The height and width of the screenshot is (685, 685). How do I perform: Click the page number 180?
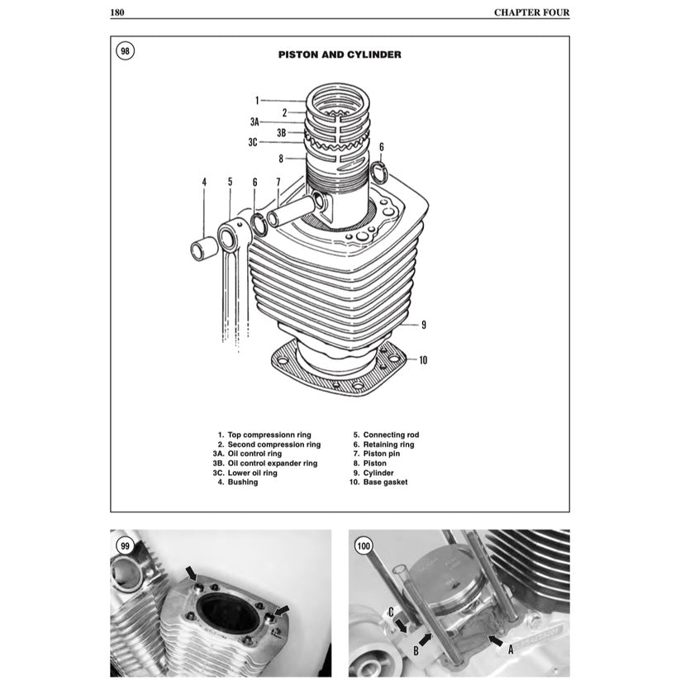(x=117, y=12)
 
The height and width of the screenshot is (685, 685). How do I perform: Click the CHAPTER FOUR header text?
(x=531, y=12)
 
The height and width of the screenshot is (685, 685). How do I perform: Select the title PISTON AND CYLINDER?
(x=340, y=55)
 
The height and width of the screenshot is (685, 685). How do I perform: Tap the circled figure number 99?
(x=126, y=545)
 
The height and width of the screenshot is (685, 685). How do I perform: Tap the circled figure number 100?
(x=364, y=545)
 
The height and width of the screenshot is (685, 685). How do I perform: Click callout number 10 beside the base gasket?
(x=422, y=359)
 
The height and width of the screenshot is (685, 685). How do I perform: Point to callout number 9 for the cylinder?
(x=423, y=325)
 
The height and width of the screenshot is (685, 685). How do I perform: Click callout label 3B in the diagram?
(x=281, y=132)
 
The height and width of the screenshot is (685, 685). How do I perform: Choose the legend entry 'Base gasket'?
(x=378, y=482)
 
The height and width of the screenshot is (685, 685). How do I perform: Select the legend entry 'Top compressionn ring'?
(x=263, y=435)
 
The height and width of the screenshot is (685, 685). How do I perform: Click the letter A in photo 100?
(x=510, y=649)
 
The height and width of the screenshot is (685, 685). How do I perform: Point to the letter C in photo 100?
(x=390, y=612)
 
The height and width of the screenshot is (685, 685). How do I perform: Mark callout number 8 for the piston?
(x=281, y=158)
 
